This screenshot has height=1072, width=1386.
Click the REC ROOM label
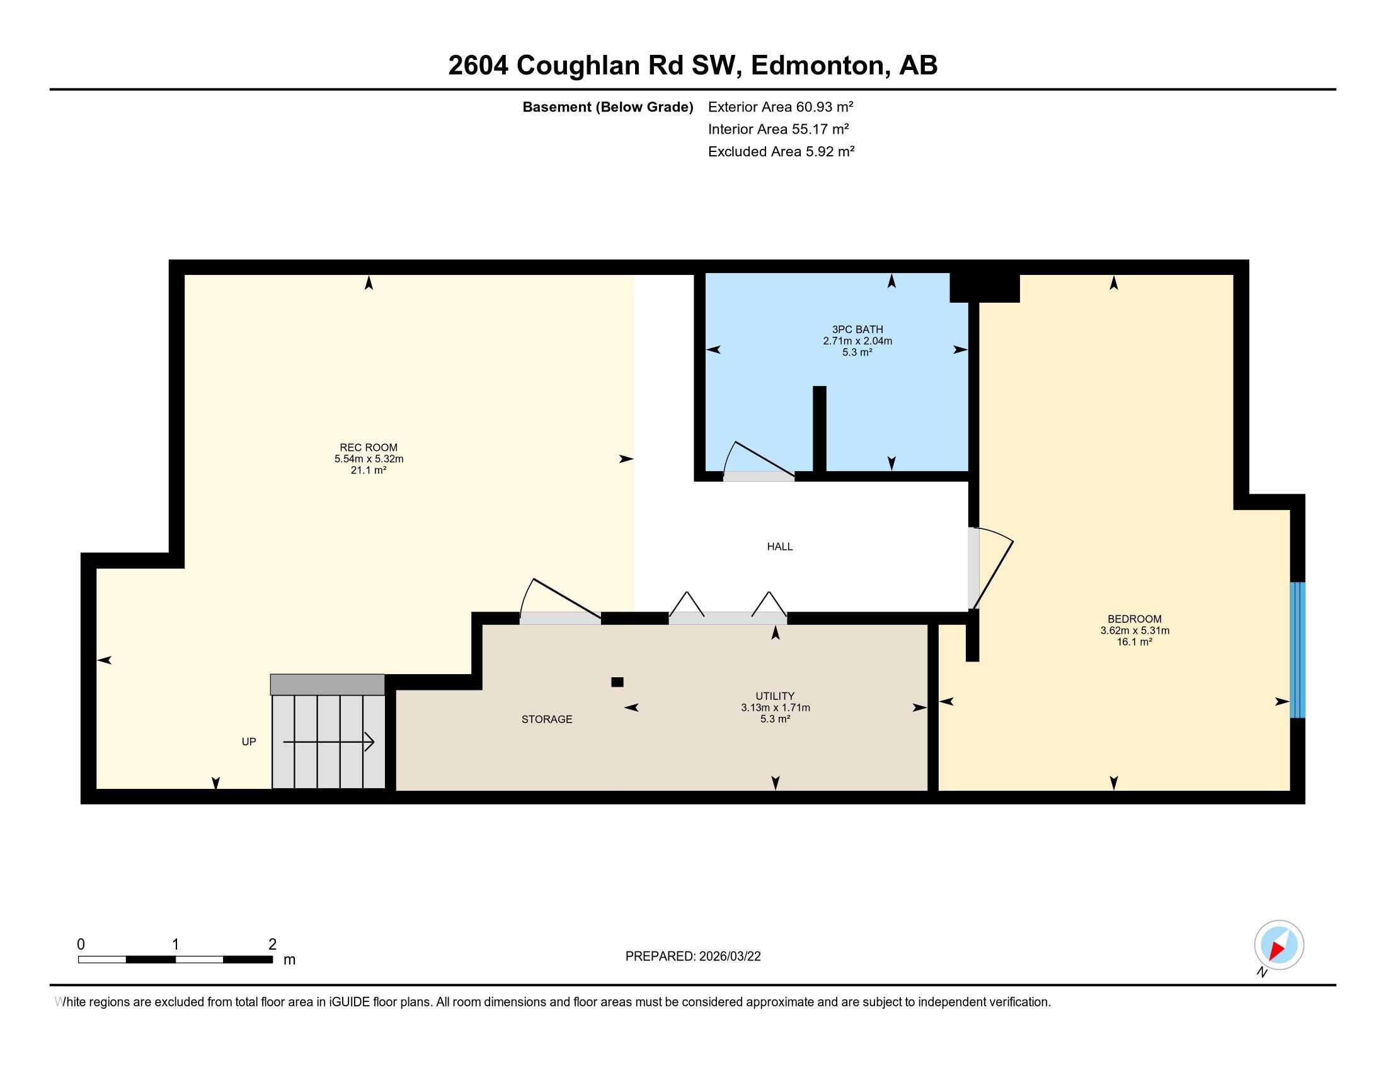pyautogui.click(x=368, y=448)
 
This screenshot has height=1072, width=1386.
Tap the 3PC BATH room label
pyautogui.click(x=857, y=329)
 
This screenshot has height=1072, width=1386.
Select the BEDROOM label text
pyautogui.click(x=1134, y=619)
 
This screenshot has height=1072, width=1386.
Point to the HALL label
pyautogui.click(x=779, y=547)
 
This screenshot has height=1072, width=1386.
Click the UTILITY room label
pyautogui.click(x=775, y=696)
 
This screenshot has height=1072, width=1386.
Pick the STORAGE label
pyautogui.click(x=546, y=720)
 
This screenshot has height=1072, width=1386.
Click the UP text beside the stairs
pyautogui.click(x=249, y=742)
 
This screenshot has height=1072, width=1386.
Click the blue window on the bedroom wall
pyautogui.click(x=1297, y=650)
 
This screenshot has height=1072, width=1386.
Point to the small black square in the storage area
pyautogui.click(x=617, y=682)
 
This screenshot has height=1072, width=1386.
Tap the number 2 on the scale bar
pyautogui.click(x=272, y=945)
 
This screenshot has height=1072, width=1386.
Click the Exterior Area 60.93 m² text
pyautogui.click(x=780, y=107)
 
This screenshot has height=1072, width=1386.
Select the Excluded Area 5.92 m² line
pyautogui.click(x=781, y=152)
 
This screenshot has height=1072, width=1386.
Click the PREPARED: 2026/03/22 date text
pyautogui.click(x=692, y=957)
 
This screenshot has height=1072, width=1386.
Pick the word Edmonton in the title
pyautogui.click(x=818, y=66)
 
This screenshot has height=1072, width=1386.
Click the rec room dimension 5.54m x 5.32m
pyautogui.click(x=369, y=459)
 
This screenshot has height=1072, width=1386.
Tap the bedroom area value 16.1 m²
pyautogui.click(x=1134, y=642)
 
